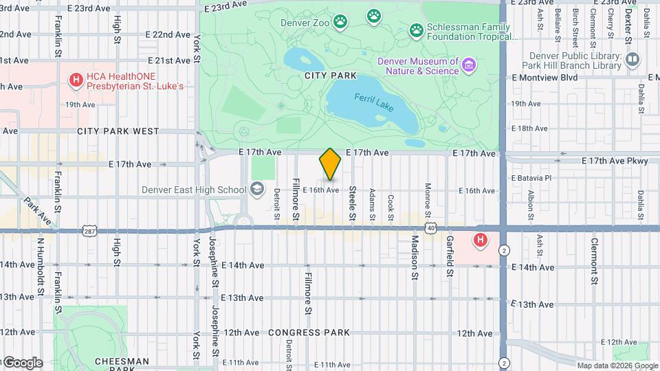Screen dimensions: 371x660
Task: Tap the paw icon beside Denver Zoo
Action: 340,22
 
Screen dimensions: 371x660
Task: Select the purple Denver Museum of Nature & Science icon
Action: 469,65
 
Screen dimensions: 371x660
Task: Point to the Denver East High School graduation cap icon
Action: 256,190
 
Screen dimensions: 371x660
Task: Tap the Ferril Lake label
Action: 371,99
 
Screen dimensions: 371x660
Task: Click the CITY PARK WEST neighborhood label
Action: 118,131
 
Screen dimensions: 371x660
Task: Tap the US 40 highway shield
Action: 430,227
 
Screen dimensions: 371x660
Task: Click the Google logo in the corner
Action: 23,362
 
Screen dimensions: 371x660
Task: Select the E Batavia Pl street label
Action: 531,178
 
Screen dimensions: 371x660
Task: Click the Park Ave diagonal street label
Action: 37,212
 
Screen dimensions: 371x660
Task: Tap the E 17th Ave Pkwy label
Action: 615,161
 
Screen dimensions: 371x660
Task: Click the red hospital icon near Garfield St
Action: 480,240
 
